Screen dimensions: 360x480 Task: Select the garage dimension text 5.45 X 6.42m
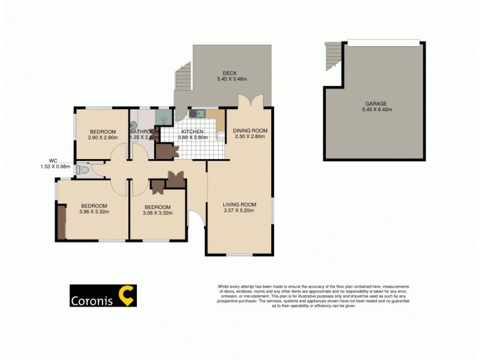pyautogui.click(x=376, y=110)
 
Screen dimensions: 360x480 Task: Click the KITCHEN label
pyautogui.click(x=191, y=131)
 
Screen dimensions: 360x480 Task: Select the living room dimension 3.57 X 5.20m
pyautogui.click(x=239, y=211)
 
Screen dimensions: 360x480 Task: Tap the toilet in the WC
pyautogui.click(x=82, y=170)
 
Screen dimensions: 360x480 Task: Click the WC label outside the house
pyautogui.click(x=53, y=160)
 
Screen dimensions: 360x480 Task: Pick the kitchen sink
pyautogui.click(x=197, y=113)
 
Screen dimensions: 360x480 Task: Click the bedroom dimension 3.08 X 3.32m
pyautogui.click(x=158, y=213)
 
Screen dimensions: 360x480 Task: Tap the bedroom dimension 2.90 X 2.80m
pyautogui.click(x=103, y=137)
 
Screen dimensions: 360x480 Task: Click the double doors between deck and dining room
pyautogui.click(x=250, y=101)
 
